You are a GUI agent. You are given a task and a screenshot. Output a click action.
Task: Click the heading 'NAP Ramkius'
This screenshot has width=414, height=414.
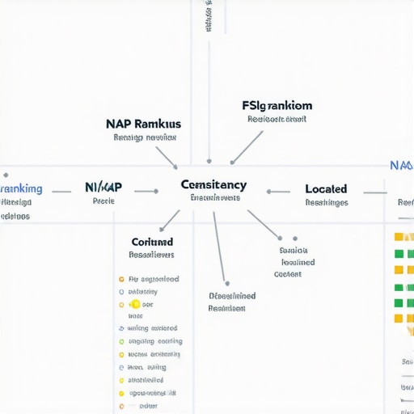click(143, 125)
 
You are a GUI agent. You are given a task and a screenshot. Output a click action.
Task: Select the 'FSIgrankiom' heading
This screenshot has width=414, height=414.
click(277, 106)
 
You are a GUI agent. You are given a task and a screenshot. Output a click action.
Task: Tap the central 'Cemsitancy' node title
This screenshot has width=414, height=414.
click(213, 185)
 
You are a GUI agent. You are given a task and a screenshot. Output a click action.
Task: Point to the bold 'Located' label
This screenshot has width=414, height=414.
click(326, 188)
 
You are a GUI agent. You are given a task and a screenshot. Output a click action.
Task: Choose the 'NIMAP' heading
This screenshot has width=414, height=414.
click(103, 187)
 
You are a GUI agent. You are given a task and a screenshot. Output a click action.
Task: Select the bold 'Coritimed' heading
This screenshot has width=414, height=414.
click(152, 242)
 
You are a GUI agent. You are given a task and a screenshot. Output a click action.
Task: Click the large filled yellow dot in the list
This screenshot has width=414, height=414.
click(135, 305)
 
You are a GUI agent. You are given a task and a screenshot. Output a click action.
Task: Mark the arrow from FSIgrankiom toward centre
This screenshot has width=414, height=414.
click(246, 147)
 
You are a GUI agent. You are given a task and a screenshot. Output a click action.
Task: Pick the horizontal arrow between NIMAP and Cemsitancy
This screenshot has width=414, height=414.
click(146, 192)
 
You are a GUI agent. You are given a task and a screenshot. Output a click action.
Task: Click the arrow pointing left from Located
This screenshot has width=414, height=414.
click(278, 192)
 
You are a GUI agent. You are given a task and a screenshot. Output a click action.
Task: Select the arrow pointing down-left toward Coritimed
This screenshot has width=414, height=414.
click(169, 220)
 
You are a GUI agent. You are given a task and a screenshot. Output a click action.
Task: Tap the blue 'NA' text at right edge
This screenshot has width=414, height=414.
click(400, 165)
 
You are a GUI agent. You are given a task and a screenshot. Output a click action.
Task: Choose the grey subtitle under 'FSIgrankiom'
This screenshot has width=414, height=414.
click(277, 120)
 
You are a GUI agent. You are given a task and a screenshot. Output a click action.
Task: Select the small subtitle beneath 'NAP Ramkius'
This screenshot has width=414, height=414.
click(145, 138)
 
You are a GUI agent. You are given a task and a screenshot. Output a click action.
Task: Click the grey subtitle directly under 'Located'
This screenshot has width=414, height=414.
click(327, 203)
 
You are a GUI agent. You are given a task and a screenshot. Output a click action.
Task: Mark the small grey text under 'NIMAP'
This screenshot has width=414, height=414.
click(103, 201)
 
